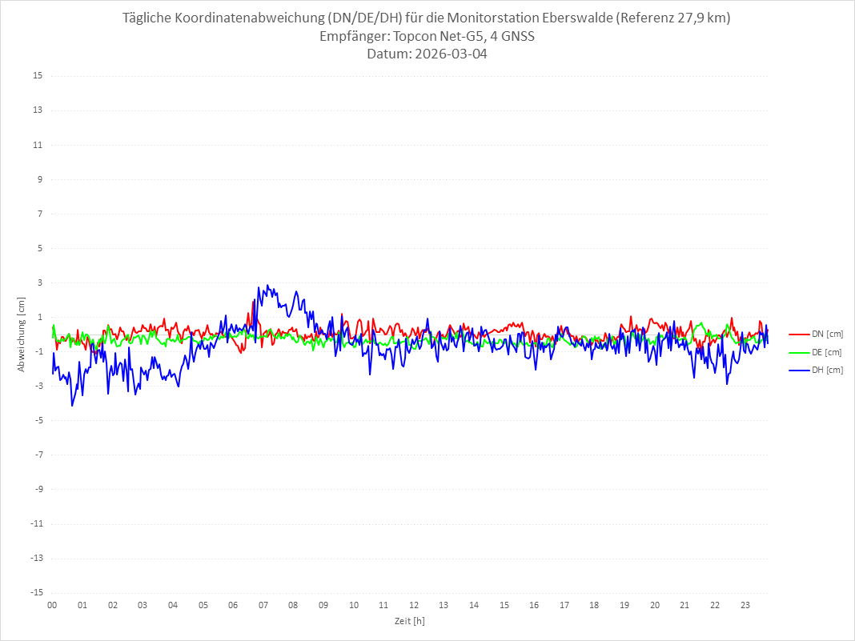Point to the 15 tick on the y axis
[x=38, y=76]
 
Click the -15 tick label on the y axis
[x=36, y=592]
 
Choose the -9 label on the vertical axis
[x=38, y=489]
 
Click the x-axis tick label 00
[x=52, y=605]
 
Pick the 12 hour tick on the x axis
[x=414, y=605]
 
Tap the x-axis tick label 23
[x=745, y=605]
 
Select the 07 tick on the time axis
[x=263, y=605]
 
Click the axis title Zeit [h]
[x=410, y=620]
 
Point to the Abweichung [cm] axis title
[x=22, y=334]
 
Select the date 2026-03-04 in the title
[x=448, y=54]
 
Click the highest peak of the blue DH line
[x=267, y=285]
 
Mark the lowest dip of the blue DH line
[x=72, y=406]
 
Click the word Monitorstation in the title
[x=492, y=18]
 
